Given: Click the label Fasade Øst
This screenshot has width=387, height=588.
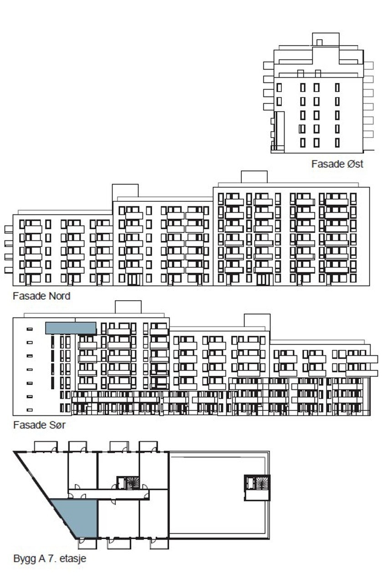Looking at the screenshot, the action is click(337, 164).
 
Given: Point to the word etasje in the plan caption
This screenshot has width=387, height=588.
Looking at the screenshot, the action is click(73, 558).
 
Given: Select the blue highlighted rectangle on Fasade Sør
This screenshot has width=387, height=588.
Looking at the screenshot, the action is click(71, 328).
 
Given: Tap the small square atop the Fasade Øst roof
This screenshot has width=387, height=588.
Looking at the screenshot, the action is click(319, 42).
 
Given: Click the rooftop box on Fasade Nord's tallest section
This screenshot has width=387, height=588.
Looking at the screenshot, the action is click(254, 177).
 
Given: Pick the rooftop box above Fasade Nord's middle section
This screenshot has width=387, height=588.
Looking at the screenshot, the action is click(125, 190).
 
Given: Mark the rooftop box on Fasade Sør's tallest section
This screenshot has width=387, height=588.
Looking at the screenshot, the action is click(128, 307).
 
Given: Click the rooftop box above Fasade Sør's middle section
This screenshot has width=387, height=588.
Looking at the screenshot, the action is click(257, 321).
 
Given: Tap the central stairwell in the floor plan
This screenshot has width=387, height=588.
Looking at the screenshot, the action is click(128, 483).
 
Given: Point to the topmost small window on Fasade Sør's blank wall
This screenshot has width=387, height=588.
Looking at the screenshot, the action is click(30, 329).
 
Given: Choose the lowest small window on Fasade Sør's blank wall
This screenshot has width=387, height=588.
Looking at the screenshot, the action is click(30, 410).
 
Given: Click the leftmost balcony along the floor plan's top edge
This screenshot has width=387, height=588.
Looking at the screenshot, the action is click(46, 446).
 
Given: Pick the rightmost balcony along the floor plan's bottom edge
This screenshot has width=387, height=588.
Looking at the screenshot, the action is click(159, 543).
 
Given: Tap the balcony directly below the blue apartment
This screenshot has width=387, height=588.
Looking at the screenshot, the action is click(87, 543).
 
